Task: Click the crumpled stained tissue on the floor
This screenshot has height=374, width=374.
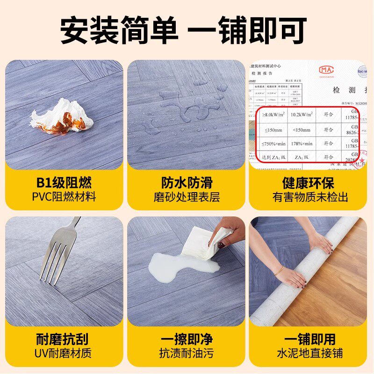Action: pyautogui.click(x=62, y=117)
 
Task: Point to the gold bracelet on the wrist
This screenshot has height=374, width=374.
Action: pyautogui.click(x=279, y=271)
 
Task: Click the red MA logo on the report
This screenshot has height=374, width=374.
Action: pyautogui.click(x=327, y=70)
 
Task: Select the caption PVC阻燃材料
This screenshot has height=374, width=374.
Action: pyautogui.click(x=64, y=196)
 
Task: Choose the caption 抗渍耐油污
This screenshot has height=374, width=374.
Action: pyautogui.click(x=186, y=353)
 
